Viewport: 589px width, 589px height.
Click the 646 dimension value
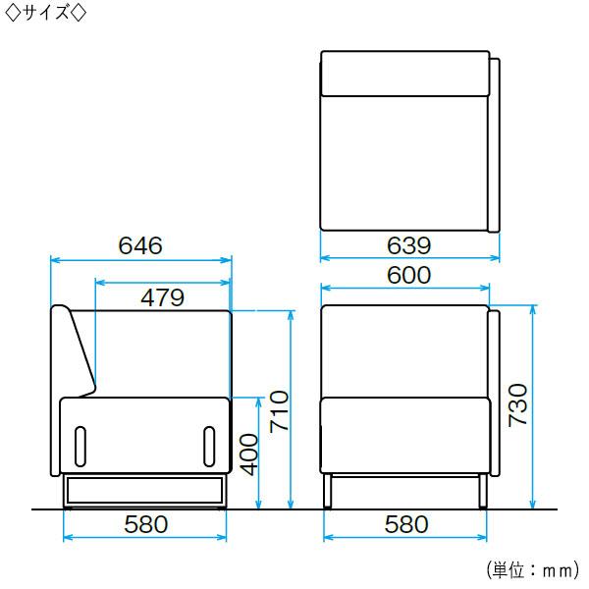[140, 245]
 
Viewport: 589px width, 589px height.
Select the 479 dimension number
[162, 297]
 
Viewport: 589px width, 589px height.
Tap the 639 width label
[408, 245]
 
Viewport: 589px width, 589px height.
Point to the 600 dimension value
[408, 275]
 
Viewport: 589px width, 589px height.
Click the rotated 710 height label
[279, 411]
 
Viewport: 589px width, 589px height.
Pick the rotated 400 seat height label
[249, 455]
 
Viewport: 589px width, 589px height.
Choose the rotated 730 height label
[517, 405]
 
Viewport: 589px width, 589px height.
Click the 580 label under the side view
[145, 524]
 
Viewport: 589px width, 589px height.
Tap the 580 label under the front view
[406, 524]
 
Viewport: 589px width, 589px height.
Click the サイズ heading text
[46, 14]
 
